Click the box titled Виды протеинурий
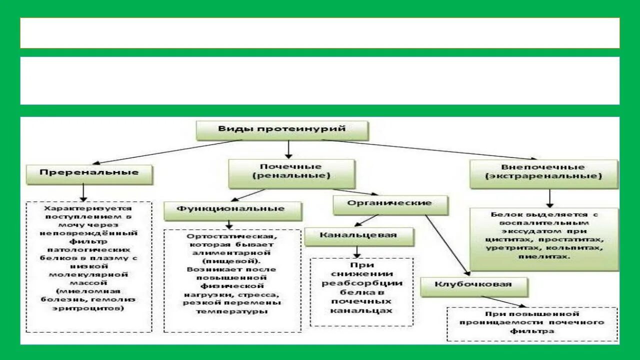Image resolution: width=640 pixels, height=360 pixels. click(282, 129)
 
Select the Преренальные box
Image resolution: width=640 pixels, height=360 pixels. click(89, 173)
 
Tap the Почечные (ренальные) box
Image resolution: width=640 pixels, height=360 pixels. click(291, 172)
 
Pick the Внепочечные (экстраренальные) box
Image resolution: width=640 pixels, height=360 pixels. click(543, 172)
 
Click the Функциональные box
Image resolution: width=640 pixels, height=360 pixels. click(232, 209)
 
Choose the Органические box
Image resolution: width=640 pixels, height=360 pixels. click(390, 203)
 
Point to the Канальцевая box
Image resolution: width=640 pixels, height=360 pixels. click(358, 235)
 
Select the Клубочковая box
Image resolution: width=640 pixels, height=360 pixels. click(473, 285)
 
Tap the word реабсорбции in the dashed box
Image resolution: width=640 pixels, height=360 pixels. click(361, 283)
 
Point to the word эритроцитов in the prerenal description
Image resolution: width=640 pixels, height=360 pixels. click(88, 308)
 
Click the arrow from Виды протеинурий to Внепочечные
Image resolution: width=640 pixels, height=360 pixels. click(430, 149)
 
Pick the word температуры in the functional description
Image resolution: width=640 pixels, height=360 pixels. click(231, 311)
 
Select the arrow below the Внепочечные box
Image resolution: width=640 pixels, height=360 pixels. click(549, 198)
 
